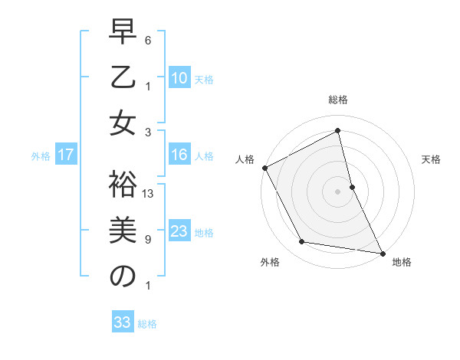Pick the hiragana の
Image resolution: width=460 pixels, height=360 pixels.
point(123,277)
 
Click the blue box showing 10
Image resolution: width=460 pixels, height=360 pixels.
point(179,78)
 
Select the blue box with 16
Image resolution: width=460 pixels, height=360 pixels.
point(179,155)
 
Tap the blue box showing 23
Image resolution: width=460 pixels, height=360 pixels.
point(179,231)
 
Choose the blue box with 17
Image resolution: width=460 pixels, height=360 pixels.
point(66,155)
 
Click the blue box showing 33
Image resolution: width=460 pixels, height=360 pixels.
point(122,322)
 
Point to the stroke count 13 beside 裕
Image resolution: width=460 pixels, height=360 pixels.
point(149,194)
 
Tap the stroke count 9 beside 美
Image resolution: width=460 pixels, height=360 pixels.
point(149,240)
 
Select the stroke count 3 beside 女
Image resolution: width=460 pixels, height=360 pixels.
point(149,131)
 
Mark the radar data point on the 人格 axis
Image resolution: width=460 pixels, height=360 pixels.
point(264,168)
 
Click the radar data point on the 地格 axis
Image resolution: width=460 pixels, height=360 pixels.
point(382,252)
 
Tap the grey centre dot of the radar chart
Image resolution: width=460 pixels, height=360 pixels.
point(337,191)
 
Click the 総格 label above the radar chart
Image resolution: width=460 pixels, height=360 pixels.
point(338,100)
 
